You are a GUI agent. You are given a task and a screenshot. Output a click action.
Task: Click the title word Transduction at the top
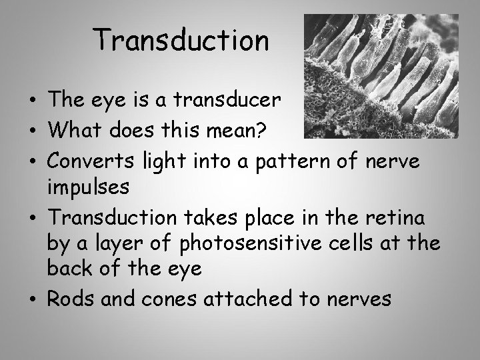[x=181, y=41]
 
